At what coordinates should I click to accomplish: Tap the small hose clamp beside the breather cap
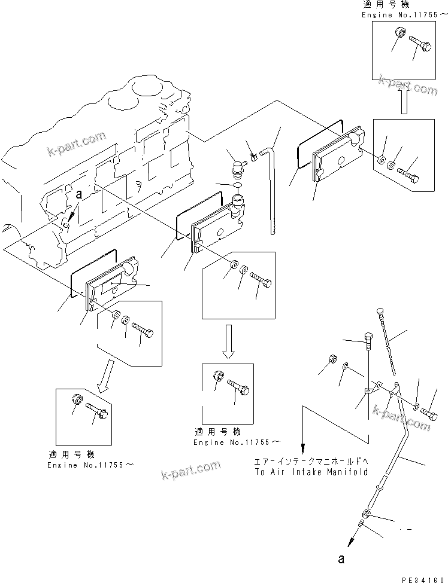(254, 157)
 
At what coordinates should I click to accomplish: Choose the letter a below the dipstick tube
(342, 560)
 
